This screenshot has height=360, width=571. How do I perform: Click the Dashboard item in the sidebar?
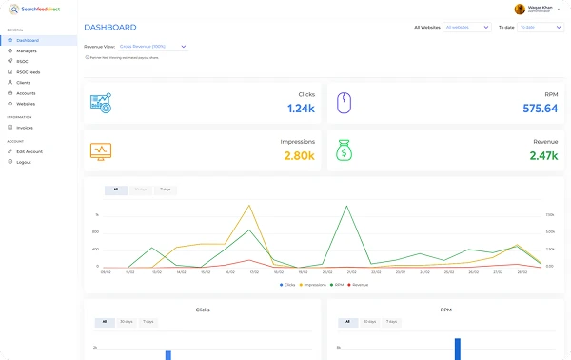tap(28, 40)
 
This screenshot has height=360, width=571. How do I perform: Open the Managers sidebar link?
tap(27, 50)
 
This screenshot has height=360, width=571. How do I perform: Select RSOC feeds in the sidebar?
tap(29, 71)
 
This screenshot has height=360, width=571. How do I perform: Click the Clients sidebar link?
tap(24, 82)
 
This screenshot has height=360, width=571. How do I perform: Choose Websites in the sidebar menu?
tap(26, 103)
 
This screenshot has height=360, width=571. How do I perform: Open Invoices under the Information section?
tap(25, 127)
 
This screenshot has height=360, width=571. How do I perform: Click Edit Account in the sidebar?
tap(30, 151)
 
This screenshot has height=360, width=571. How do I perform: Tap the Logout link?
tap(24, 162)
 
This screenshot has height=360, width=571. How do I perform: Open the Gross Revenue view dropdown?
tap(152, 46)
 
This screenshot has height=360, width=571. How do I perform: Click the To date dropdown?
tap(539, 28)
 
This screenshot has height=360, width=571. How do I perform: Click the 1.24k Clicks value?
tap(301, 109)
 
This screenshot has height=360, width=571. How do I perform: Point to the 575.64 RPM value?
tap(540, 109)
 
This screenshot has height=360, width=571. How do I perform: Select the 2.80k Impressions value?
tap(299, 156)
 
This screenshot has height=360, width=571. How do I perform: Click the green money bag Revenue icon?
tap(345, 150)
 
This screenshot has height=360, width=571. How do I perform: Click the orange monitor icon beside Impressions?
tap(101, 150)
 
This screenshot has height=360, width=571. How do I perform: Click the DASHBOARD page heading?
tap(109, 28)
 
